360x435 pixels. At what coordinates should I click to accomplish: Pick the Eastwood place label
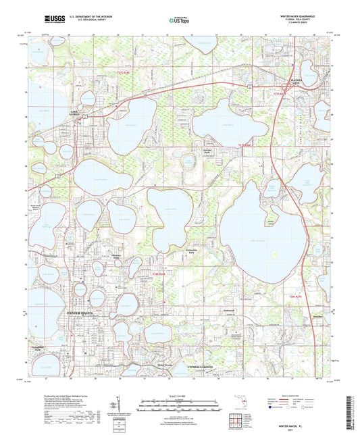(x=229, y=311)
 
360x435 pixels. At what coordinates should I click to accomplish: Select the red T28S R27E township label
(x=293, y=297)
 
